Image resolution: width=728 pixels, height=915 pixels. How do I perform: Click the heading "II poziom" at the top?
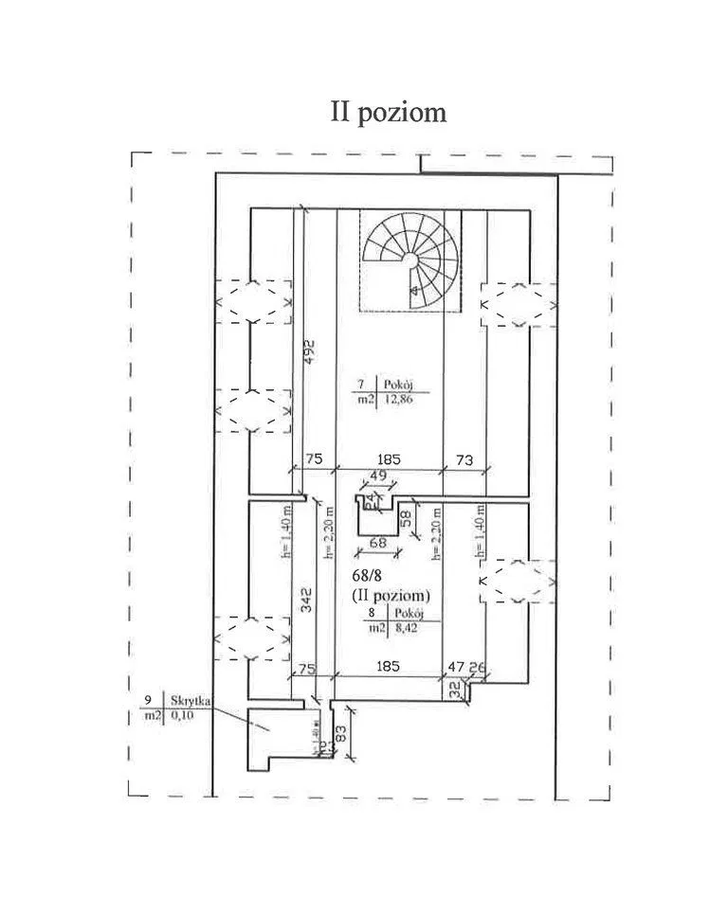click(388, 112)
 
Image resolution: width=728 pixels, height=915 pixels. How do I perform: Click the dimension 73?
click(464, 459)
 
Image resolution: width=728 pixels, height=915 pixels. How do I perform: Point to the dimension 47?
click(456, 667)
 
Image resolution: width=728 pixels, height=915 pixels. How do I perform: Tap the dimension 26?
click(478, 667)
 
